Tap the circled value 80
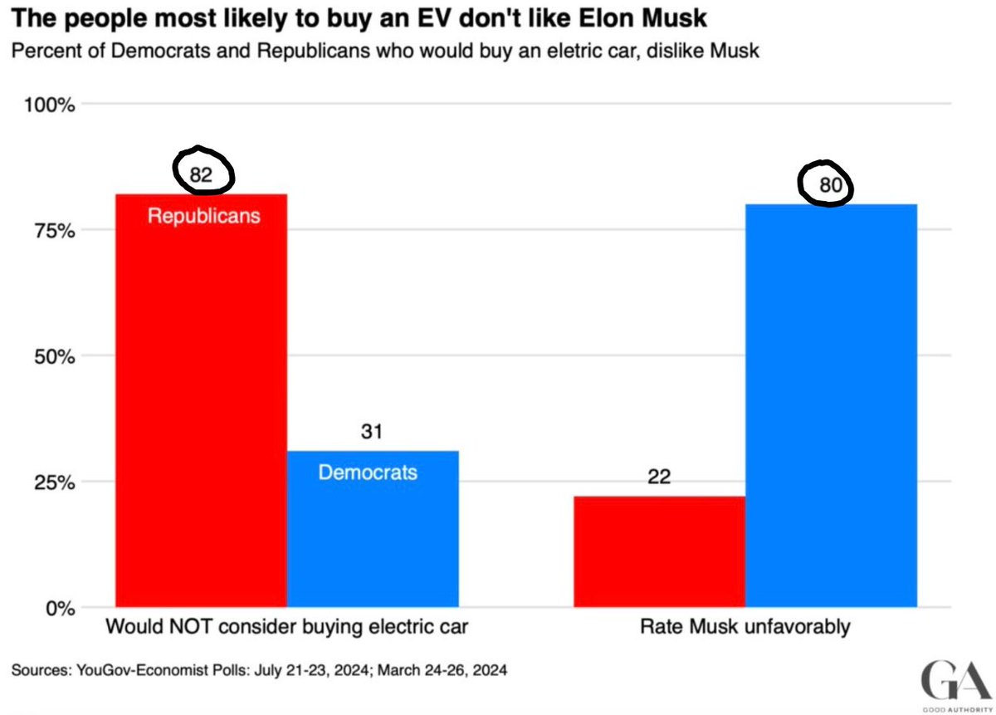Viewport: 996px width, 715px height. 831,185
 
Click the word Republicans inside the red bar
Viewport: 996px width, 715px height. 203,216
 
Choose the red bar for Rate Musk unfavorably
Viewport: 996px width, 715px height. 658,552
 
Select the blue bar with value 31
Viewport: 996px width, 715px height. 373,540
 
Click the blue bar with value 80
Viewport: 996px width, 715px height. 831,407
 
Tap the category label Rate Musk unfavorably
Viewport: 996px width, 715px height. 745,626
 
